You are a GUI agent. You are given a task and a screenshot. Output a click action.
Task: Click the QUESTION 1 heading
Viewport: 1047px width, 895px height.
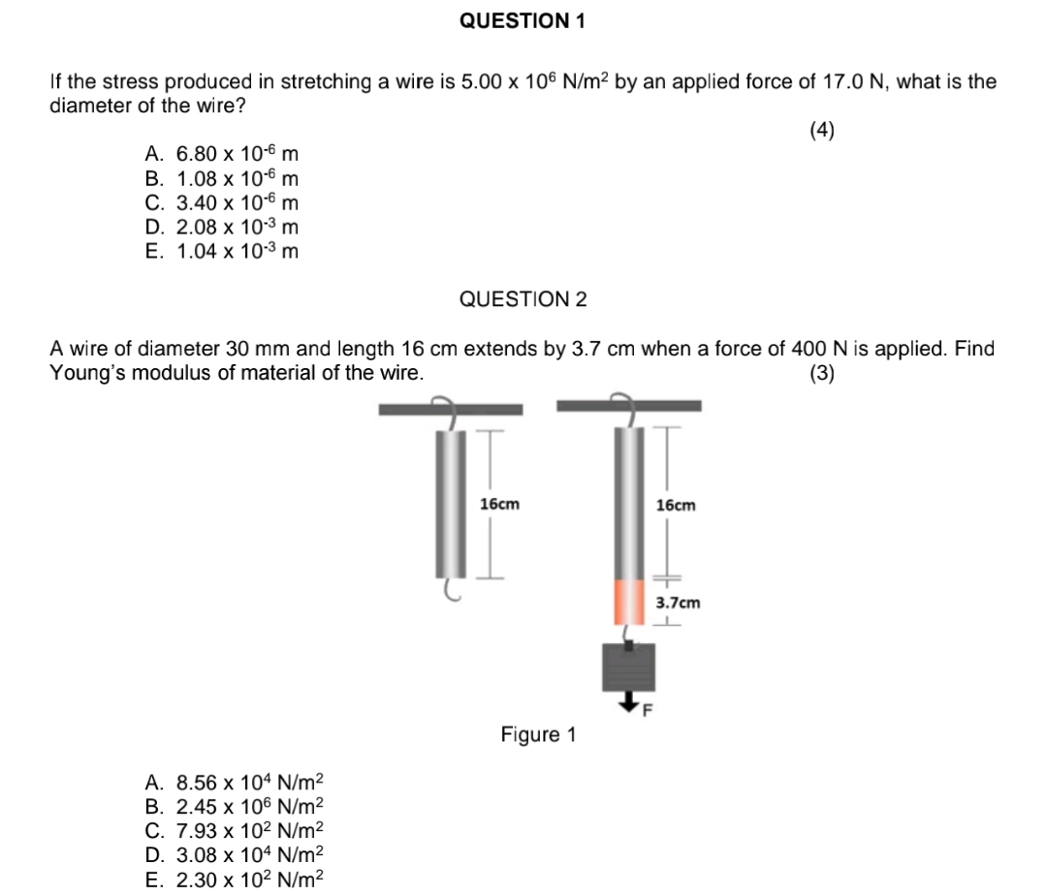tap(523, 20)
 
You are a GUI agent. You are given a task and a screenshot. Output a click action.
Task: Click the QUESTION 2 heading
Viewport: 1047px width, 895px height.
tap(523, 299)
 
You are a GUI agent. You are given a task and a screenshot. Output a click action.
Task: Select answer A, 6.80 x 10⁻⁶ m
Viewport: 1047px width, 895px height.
tap(222, 153)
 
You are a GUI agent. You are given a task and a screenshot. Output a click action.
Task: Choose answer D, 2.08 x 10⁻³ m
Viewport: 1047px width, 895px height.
tap(222, 227)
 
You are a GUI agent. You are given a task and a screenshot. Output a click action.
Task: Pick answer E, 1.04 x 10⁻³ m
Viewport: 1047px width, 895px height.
tap(222, 252)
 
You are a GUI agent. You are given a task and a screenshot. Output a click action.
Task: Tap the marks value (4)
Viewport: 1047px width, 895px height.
tap(822, 132)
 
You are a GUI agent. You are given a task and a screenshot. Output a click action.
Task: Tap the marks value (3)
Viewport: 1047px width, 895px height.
tap(822, 374)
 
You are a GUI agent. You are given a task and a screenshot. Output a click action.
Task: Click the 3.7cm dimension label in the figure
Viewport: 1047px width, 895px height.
tap(678, 603)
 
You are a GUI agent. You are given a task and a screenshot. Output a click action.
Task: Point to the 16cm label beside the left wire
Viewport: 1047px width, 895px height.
tap(499, 505)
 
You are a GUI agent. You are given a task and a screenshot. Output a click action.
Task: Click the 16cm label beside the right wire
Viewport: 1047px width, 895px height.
tap(676, 505)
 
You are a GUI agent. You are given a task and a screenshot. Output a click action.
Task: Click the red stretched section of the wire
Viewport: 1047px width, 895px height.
tap(628, 602)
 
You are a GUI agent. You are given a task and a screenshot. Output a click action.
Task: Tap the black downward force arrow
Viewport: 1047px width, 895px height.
tap(629, 701)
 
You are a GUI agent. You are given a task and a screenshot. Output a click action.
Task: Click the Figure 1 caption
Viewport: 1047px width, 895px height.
tap(538, 735)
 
